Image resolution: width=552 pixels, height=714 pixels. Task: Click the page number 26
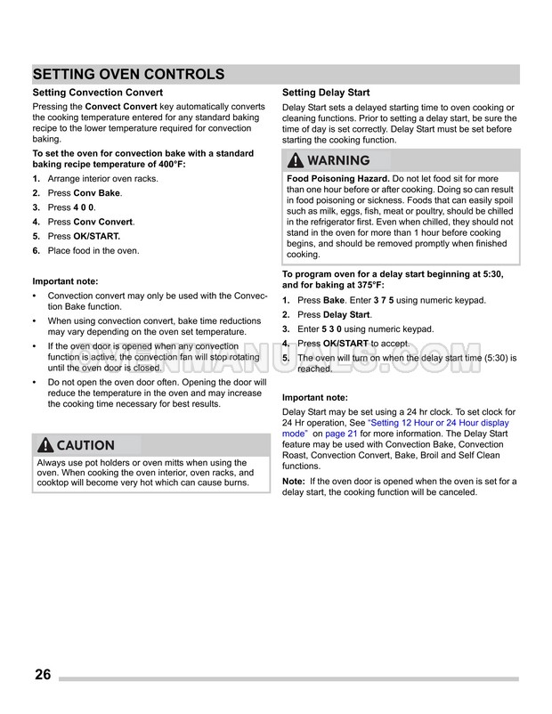pos(43,674)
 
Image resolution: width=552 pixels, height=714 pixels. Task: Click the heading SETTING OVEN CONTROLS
pos(128,74)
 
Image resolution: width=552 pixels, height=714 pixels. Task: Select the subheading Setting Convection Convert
pos(97,93)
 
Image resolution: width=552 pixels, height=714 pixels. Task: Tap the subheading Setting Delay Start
pos(326,93)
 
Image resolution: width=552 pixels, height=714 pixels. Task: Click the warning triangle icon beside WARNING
pos(295,161)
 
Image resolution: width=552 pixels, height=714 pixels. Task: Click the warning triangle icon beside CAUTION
pos(45,445)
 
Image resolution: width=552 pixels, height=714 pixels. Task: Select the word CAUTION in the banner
pos(86,445)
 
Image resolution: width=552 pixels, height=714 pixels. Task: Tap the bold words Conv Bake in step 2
pos(97,193)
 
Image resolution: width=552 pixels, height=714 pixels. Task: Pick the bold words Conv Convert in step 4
pos(103,222)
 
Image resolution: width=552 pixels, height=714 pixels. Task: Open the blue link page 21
pos(344,434)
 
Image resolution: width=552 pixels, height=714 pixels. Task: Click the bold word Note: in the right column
pos(294,482)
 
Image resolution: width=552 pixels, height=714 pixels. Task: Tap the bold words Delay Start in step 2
pos(347,315)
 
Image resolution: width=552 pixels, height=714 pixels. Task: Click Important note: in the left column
pos(65,281)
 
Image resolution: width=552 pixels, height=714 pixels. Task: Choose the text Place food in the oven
pos(93,251)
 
